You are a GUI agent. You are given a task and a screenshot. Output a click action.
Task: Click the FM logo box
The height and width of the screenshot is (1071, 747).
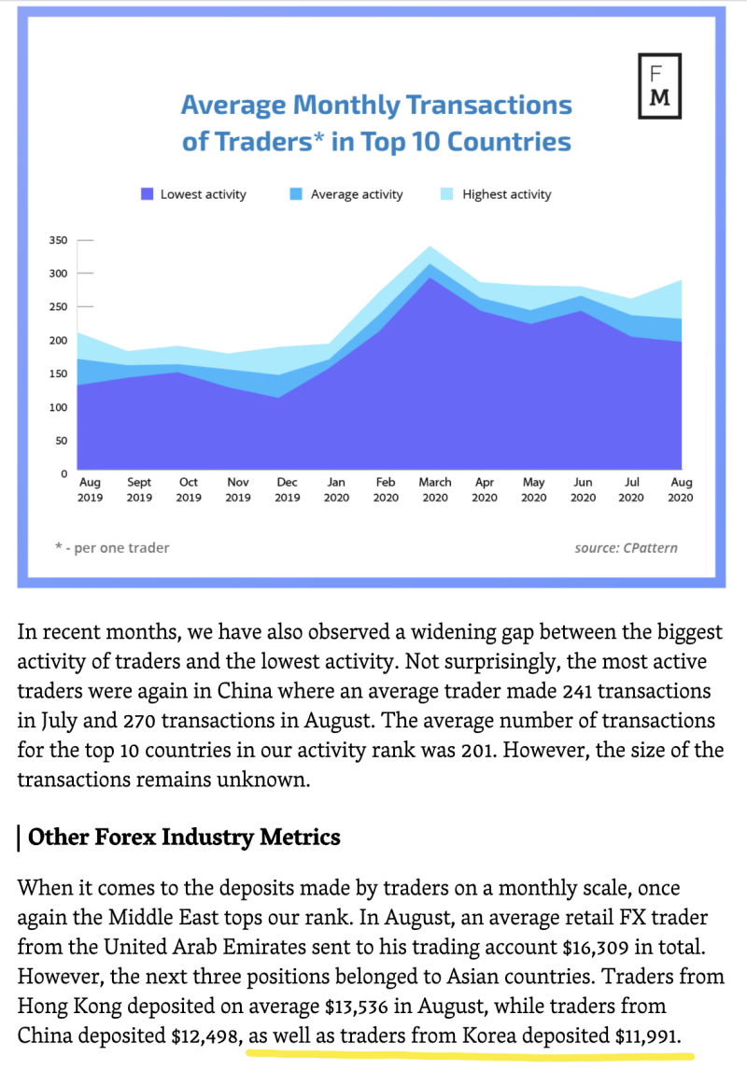[x=659, y=86]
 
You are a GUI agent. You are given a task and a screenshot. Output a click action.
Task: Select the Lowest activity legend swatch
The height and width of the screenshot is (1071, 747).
[x=147, y=194]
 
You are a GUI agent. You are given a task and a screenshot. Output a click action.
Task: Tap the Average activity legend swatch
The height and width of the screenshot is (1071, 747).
[x=296, y=194]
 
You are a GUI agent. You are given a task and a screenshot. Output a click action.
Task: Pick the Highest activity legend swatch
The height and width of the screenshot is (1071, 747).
[x=446, y=194]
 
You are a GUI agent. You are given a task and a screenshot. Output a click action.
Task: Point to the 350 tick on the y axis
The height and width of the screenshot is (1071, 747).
[x=59, y=240]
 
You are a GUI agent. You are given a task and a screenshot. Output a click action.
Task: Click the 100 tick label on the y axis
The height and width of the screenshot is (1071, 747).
[x=59, y=407]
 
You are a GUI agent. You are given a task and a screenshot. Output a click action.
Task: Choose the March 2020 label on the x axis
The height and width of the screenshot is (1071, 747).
[x=435, y=489]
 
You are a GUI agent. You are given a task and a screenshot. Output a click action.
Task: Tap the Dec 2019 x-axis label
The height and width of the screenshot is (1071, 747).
[x=288, y=489]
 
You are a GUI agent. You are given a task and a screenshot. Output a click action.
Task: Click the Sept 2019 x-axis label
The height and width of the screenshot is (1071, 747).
[x=139, y=489]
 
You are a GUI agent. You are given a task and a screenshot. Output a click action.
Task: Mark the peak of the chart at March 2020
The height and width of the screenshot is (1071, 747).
[x=430, y=247]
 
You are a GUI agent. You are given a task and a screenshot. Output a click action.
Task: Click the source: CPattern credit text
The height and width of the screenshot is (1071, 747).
[x=627, y=548]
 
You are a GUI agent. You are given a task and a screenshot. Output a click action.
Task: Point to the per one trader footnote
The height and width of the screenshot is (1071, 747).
[x=112, y=548]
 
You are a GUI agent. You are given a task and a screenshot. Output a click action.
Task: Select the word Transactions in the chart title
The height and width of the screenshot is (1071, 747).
[x=489, y=106]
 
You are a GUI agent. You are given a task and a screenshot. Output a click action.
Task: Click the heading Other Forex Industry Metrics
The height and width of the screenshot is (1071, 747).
[x=184, y=837]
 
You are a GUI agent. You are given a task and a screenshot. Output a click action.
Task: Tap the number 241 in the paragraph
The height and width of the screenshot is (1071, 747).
[x=577, y=691]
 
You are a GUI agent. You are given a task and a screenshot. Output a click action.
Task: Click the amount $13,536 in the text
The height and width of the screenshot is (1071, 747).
[x=357, y=1007]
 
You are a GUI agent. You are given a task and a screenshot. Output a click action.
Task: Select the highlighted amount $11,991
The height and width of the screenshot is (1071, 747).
[x=647, y=1036]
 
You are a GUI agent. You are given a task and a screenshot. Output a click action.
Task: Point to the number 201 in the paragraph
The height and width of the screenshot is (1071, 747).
[x=476, y=750]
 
